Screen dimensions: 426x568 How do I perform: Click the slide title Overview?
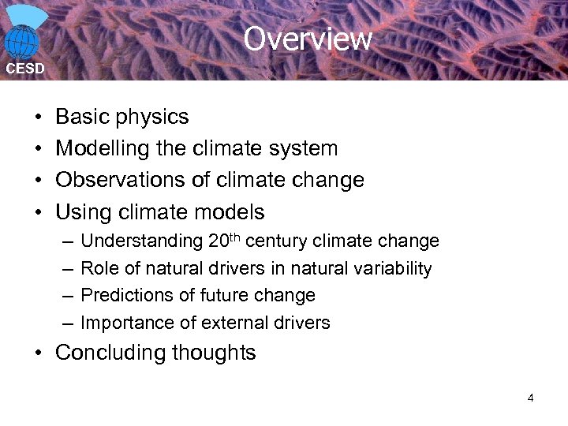click(307, 39)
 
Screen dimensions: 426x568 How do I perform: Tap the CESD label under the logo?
click(25, 69)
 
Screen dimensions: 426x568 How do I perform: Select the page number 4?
click(530, 398)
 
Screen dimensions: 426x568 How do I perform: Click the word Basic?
click(82, 117)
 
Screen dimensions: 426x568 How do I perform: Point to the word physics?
click(152, 118)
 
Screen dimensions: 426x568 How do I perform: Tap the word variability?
click(393, 268)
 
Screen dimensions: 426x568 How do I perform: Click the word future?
click(226, 295)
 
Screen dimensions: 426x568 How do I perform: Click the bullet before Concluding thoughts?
click(39, 353)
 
